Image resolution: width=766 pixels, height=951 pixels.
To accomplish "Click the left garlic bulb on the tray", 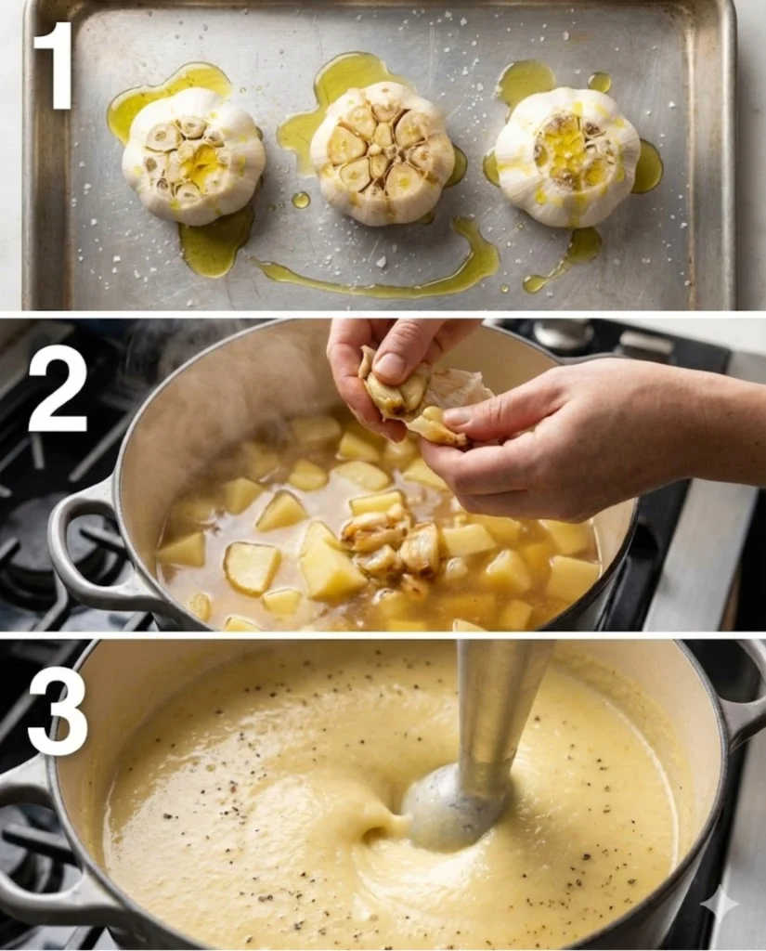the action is [x=193, y=156].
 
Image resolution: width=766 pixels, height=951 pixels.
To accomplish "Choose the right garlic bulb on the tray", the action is [x=567, y=158].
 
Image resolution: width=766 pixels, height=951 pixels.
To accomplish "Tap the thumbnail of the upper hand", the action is [x=390, y=364].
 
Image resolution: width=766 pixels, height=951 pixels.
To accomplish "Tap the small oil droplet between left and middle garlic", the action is [x=300, y=200].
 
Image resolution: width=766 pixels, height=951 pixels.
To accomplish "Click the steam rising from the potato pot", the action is [x=182, y=352].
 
